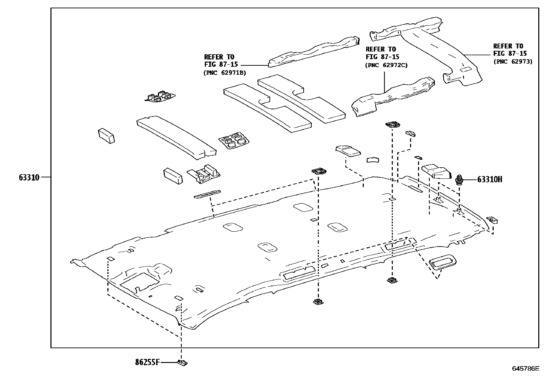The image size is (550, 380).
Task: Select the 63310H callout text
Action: (490, 179)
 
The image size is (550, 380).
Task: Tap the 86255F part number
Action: (148, 362)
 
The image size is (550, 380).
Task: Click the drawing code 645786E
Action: (525, 368)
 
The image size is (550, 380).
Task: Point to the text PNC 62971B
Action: (225, 73)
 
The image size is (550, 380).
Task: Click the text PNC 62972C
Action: (386, 65)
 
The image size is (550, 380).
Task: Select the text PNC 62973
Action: (513, 62)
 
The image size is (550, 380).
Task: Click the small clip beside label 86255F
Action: (182, 363)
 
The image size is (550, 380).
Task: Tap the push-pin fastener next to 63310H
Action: (459, 180)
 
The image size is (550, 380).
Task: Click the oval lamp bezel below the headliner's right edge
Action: (442, 262)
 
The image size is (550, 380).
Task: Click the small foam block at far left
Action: (106, 136)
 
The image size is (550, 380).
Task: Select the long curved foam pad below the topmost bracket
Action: (176, 138)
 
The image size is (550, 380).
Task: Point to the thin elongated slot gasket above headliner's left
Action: (207, 194)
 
